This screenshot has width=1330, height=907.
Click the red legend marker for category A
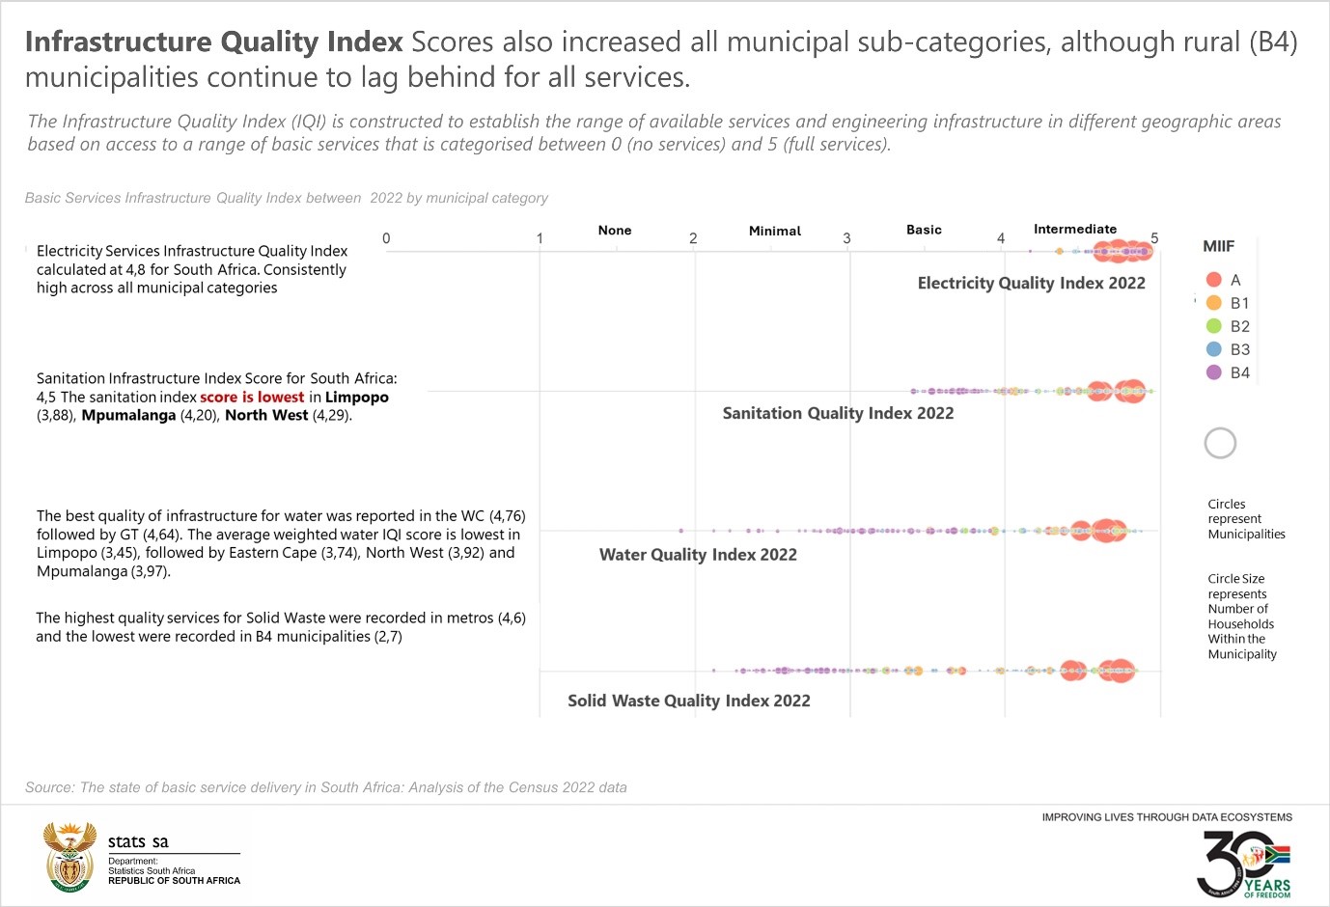[1214, 280]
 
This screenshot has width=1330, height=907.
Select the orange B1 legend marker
[1214, 303]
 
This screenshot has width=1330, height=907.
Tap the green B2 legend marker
[1214, 326]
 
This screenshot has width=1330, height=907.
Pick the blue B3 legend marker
[1214, 349]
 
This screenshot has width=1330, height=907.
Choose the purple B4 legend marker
[1214, 372]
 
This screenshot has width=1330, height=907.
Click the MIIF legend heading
[1218, 246]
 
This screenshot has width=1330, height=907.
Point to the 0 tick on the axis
[386, 238]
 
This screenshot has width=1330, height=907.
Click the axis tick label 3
[846, 238]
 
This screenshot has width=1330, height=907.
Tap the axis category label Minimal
[774, 231]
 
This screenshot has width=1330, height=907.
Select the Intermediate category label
[1074, 229]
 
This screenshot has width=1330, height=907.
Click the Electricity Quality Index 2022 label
[1031, 283]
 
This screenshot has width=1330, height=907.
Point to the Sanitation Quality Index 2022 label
[838, 413]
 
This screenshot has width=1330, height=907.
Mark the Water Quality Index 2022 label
[698, 555]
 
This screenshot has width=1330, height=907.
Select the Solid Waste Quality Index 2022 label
[688, 701]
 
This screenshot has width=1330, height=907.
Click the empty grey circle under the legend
[1220, 443]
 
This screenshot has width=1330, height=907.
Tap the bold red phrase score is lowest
[252, 397]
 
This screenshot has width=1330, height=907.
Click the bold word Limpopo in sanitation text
[356, 397]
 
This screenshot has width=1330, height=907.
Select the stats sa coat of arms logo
[70, 856]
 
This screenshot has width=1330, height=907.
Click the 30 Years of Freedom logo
[1243, 864]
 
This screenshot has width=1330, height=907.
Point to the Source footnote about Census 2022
[326, 787]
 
